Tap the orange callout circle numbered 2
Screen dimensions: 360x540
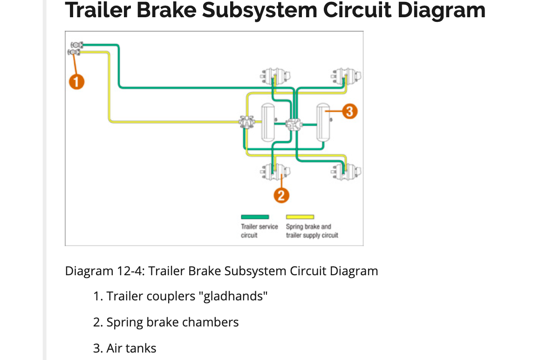pos(280,196)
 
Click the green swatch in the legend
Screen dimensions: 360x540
pos(255,217)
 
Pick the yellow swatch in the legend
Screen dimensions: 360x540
pos(300,217)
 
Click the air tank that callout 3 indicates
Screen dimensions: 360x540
pos(323,122)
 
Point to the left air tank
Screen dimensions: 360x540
pos(267,122)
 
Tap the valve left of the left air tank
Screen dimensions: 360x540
pos(246,122)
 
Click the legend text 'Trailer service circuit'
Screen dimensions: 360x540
pos(259,231)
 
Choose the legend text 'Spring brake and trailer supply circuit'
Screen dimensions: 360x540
pos(312,231)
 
